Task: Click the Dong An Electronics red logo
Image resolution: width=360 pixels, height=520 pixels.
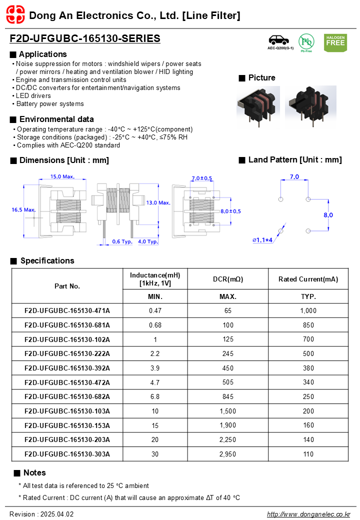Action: [15, 15]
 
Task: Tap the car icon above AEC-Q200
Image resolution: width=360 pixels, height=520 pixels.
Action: [279, 40]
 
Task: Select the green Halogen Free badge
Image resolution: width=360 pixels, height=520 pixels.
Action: [335, 43]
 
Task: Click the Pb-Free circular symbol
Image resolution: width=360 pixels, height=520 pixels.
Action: [306, 42]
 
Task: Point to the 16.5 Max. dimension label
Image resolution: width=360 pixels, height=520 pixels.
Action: [23, 210]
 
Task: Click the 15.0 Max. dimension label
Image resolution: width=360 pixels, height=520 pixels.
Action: [62, 176]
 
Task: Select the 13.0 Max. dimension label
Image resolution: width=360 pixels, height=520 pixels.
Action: [158, 202]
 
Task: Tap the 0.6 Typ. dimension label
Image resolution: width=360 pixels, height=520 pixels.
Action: [122, 241]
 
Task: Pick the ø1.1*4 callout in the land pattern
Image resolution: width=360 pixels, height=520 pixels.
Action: [262, 240]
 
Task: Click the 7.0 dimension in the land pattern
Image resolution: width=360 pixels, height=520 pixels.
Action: [294, 177]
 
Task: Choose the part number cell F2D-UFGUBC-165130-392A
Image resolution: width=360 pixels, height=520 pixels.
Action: [67, 368]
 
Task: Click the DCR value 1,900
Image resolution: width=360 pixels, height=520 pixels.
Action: [227, 425]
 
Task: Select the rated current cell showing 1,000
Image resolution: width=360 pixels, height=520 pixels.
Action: [308, 310]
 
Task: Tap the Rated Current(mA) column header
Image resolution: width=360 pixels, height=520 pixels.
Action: [308, 279]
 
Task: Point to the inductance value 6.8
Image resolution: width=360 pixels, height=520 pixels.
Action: [155, 396]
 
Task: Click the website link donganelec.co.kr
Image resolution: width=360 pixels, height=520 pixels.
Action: [308, 514]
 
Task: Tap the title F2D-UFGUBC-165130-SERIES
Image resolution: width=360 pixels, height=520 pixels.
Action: [85, 38]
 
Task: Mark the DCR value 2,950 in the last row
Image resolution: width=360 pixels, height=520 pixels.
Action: [227, 454]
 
